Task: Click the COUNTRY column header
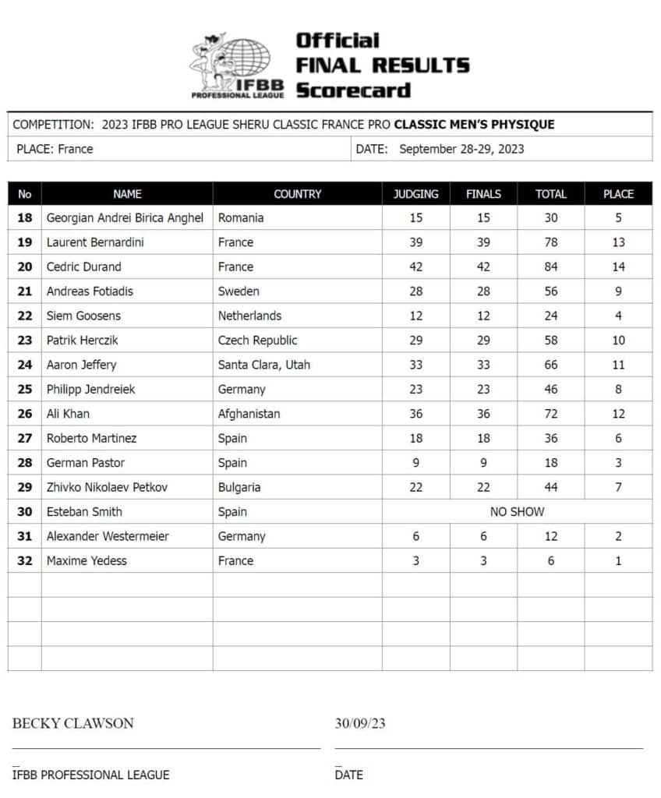297,194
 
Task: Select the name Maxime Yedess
87,560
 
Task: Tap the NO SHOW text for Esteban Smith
517,511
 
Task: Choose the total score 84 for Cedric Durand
550,267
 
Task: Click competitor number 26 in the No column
25,414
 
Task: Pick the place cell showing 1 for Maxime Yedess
618,560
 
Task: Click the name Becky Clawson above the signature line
72,723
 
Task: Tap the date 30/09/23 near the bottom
360,723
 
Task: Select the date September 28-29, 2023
461,149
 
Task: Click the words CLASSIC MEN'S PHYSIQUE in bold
474,125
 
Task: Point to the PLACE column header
618,194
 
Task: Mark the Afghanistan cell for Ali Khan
249,414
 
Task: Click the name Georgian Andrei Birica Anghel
125,218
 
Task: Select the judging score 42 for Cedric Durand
416,267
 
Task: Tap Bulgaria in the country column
239,487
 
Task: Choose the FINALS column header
483,194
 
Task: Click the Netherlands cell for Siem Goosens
249,316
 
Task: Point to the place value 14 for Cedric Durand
618,267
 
